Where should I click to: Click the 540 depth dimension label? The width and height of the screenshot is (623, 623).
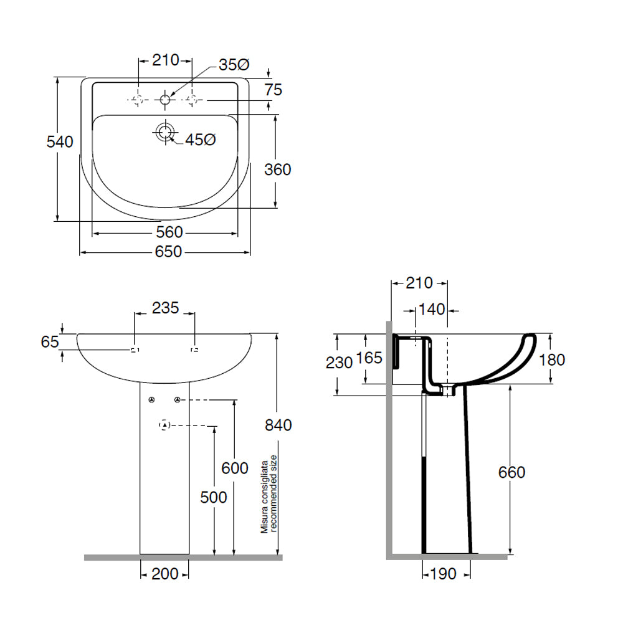pyautogui.click(x=60, y=142)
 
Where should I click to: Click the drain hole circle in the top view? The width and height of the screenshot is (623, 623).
pyautogui.click(x=165, y=131)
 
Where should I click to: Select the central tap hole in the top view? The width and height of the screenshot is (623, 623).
pyautogui.click(x=165, y=99)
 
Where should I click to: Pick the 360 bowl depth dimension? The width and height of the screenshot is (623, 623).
pyautogui.click(x=277, y=169)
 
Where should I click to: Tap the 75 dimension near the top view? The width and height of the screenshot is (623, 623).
pyautogui.click(x=273, y=90)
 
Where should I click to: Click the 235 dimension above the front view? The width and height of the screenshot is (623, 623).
pyautogui.click(x=166, y=308)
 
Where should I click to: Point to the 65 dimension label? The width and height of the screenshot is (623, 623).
pyautogui.click(x=50, y=341)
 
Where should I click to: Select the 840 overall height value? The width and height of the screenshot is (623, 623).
pyautogui.click(x=278, y=426)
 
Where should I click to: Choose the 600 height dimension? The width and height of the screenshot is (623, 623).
pyautogui.click(x=235, y=468)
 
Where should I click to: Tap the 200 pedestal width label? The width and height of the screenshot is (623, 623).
pyautogui.click(x=165, y=574)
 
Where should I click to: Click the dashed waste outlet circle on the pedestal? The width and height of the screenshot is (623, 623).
pyautogui.click(x=164, y=426)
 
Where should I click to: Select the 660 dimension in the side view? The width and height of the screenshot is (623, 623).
pyautogui.click(x=511, y=472)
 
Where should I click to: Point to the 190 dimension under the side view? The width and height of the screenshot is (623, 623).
pyautogui.click(x=443, y=574)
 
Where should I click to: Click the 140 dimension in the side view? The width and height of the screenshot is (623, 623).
pyautogui.click(x=431, y=308)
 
